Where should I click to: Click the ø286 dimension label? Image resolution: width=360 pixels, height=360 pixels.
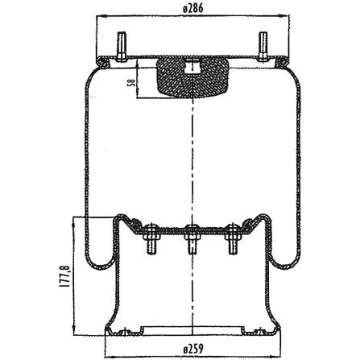tap(192, 9)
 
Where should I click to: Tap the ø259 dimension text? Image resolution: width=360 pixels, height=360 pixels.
tap(193, 349)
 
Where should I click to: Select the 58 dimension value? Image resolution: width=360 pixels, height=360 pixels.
tap(131, 83)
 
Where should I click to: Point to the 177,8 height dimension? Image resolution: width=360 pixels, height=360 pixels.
tap(65, 276)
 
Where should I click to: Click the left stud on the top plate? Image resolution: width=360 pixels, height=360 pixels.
tap(122, 47)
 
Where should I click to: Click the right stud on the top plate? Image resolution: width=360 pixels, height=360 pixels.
tap(263, 47)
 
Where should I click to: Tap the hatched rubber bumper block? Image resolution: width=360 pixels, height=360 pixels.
tap(192, 77)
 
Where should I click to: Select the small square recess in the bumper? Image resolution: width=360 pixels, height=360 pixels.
tap(191, 68)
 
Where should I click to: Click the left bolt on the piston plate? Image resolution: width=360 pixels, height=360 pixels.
tap(152, 238)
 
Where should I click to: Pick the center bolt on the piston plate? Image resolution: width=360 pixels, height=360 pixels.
tap(191, 238)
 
